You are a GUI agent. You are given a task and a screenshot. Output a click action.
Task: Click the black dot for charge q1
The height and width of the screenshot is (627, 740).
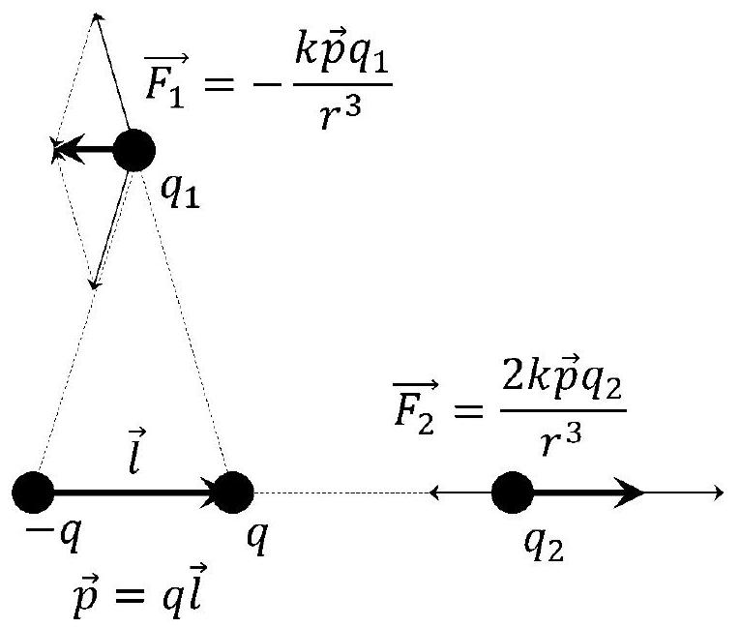click(x=134, y=150)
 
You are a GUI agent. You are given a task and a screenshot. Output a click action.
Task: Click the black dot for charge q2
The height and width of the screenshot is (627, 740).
click(x=513, y=493)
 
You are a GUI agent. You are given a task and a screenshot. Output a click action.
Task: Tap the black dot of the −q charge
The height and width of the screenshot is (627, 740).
click(x=33, y=493)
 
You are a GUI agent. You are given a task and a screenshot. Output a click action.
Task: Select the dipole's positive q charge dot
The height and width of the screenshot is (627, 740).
click(x=234, y=493)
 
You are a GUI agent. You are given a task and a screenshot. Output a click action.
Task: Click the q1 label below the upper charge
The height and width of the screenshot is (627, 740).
click(x=180, y=193)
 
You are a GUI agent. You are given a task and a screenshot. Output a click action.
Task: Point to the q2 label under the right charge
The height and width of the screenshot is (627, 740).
click(x=545, y=544)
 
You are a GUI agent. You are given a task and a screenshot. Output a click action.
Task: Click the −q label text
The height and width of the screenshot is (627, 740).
click(x=53, y=537)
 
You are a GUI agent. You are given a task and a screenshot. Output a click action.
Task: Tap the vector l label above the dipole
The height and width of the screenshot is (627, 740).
click(x=136, y=451)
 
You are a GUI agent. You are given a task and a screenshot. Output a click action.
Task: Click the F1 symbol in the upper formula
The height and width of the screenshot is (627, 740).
click(x=165, y=81)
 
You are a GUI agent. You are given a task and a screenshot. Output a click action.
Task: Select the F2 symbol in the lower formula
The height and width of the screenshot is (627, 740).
click(x=414, y=407)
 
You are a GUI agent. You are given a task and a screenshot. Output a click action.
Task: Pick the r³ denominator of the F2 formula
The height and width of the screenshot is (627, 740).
click(x=562, y=438)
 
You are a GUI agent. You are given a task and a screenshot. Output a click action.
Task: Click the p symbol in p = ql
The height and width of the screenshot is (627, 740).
click(x=86, y=596)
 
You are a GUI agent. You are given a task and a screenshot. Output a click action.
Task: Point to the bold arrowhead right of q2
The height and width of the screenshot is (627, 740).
click(x=629, y=493)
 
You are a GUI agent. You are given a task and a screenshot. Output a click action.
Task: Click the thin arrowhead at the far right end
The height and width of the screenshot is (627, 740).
click(x=719, y=493)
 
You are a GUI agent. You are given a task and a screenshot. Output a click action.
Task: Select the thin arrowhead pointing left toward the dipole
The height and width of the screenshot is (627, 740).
click(x=434, y=493)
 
